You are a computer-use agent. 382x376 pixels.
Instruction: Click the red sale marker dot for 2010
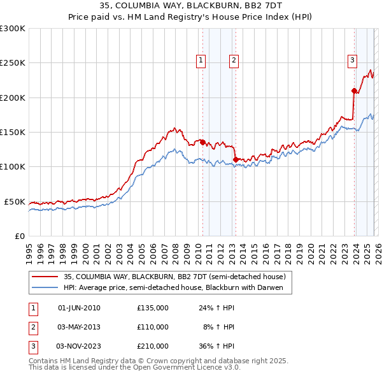point(202,143)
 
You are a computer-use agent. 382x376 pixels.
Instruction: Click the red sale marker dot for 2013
point(236,159)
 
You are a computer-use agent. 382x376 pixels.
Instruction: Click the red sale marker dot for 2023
point(354,90)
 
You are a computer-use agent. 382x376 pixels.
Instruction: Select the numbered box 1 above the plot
point(201,61)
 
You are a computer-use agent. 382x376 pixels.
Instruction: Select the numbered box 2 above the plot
point(234,61)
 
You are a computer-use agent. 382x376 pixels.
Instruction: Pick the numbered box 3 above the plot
point(352,61)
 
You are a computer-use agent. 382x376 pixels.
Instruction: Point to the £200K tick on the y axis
point(13,98)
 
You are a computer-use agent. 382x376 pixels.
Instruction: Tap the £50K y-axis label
point(15,201)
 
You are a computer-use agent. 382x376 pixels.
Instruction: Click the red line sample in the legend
point(44,277)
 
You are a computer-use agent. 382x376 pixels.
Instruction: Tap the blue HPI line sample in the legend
point(44,288)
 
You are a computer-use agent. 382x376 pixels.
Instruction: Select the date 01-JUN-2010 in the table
point(79,308)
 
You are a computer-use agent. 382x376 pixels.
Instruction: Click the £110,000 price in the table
point(153,327)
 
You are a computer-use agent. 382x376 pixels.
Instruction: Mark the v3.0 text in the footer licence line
point(232,368)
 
